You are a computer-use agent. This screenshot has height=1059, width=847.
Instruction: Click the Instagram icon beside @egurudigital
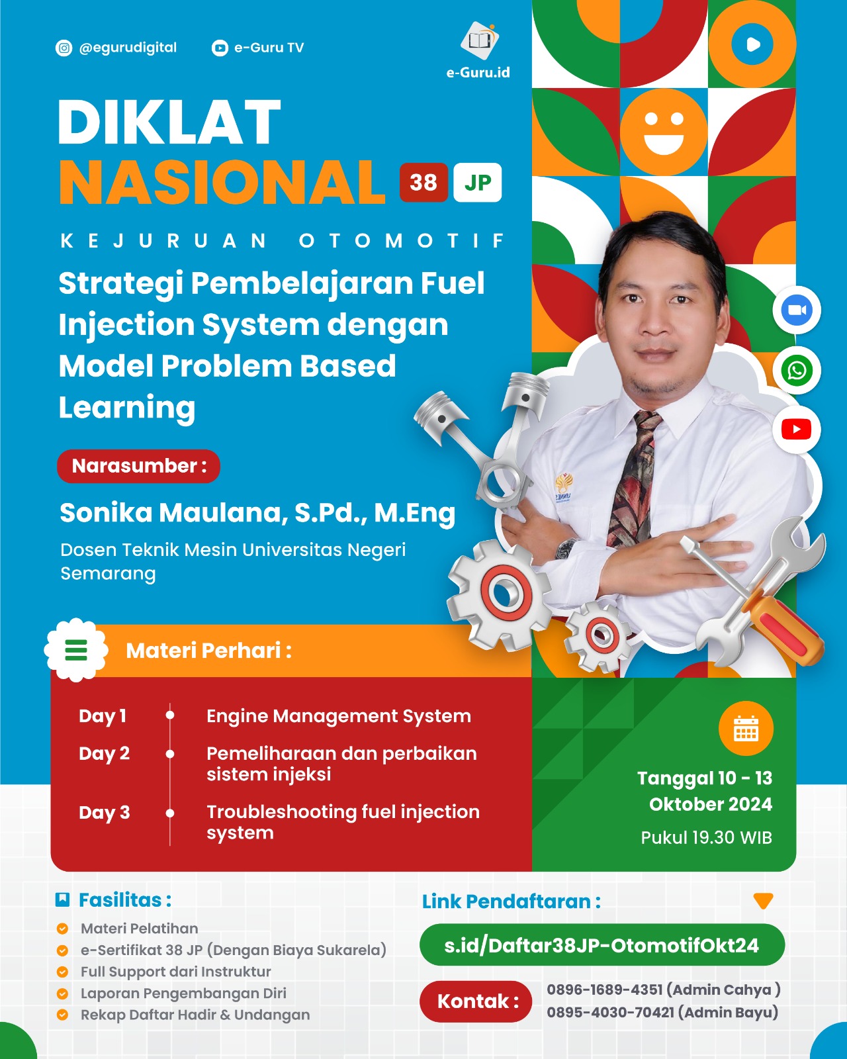64,48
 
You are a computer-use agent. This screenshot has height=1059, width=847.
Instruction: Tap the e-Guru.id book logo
479,40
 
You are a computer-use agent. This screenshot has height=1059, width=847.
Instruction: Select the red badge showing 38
423,183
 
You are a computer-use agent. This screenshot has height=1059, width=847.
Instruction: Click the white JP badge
477,183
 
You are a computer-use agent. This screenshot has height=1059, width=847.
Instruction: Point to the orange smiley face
664,132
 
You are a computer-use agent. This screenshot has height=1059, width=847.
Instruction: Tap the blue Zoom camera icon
797,310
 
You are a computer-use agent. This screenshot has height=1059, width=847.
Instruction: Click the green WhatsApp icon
797,370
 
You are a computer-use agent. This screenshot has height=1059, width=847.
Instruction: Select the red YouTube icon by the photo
796,430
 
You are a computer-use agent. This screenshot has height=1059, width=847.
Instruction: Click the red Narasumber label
138,466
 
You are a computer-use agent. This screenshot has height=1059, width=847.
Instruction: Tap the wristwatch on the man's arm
566,548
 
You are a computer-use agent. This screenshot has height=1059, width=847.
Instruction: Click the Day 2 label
105,753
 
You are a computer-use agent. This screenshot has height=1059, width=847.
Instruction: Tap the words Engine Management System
339,716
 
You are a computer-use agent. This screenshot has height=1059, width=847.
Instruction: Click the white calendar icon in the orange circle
746,729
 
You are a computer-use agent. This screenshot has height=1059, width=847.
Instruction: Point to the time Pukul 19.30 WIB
706,837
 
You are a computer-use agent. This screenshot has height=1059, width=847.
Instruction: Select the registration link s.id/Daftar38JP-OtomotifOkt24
602,945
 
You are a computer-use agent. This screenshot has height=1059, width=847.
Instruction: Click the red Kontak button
476,1001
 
